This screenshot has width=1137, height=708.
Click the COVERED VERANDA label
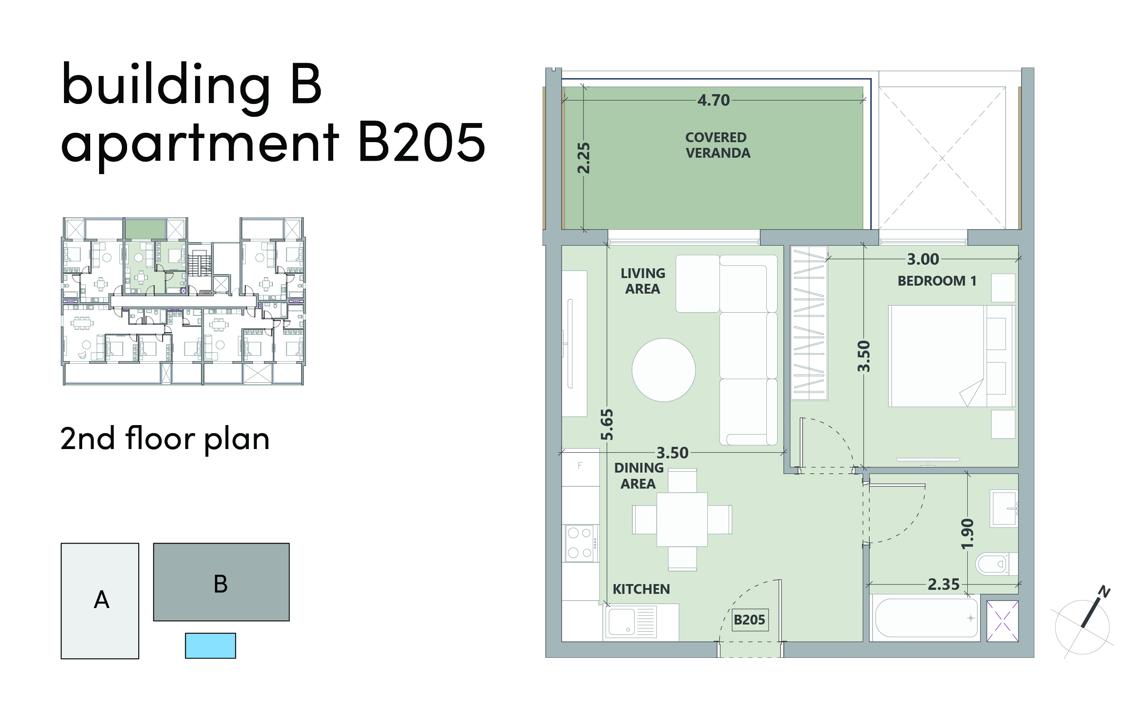(718, 145)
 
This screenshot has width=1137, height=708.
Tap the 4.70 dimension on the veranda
(713, 100)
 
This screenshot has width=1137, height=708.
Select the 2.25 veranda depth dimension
(583, 158)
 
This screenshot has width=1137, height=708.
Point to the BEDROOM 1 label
(937, 281)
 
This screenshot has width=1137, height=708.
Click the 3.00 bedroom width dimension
(923, 259)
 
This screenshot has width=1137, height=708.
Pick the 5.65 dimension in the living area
(607, 425)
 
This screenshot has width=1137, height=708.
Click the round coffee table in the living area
(663, 370)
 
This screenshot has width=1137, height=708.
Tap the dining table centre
(682, 519)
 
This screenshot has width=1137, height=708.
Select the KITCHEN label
(641, 589)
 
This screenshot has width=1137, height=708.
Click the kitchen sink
(630, 622)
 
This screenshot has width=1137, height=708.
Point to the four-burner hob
(581, 543)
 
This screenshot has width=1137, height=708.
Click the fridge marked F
(580, 466)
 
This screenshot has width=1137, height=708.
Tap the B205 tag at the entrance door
(749, 620)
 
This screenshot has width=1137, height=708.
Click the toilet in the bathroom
(996, 564)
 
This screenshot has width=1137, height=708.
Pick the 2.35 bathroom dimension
(944, 585)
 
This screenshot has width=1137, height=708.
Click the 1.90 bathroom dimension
(967, 533)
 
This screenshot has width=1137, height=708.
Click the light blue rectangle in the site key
(210, 646)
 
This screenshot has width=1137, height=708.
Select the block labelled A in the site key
(100, 601)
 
